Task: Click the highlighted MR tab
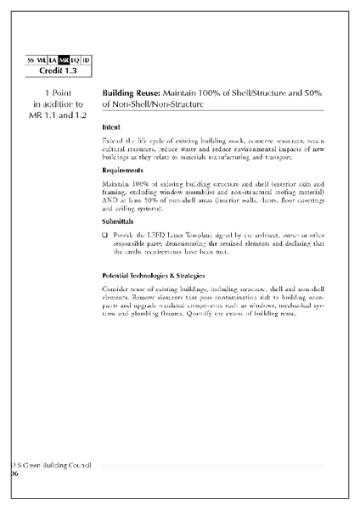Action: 64,59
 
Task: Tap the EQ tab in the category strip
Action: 76,59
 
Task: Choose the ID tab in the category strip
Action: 87,59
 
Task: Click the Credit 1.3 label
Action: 60,70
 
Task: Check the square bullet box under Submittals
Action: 104,234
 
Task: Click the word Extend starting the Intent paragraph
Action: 112,140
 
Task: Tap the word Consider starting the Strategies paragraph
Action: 116,289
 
